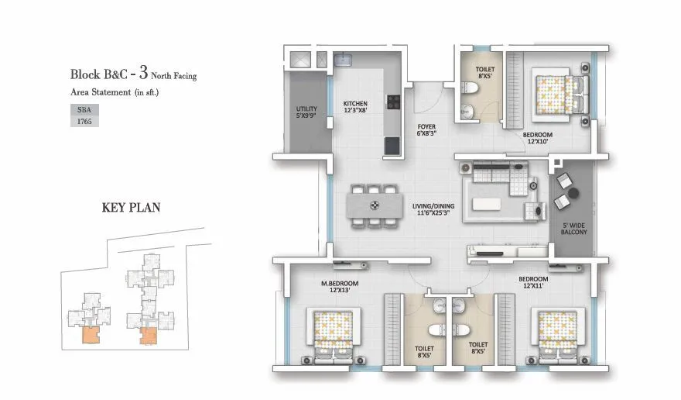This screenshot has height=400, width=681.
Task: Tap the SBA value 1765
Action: (x=84, y=121)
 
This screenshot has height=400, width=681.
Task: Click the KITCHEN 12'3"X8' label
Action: (x=355, y=106)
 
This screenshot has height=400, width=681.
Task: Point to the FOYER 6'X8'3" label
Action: (x=428, y=129)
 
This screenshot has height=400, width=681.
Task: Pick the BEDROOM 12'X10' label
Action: (x=539, y=137)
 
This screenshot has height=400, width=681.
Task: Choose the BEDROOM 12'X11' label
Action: (x=533, y=282)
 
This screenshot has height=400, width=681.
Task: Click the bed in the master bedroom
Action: (x=331, y=333)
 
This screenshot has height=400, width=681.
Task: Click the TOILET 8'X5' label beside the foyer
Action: (x=486, y=74)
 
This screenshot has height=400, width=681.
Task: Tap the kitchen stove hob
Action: (x=392, y=101)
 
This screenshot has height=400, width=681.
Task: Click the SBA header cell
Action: (x=84, y=108)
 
